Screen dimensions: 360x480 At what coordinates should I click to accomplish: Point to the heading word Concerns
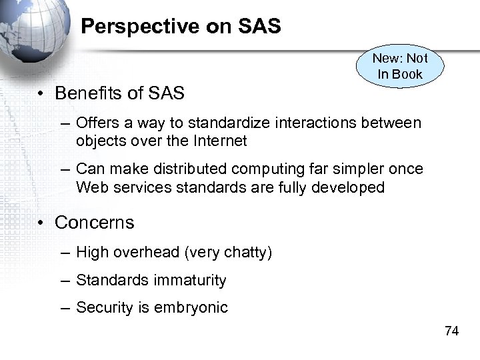pyautogui.click(x=94, y=223)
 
